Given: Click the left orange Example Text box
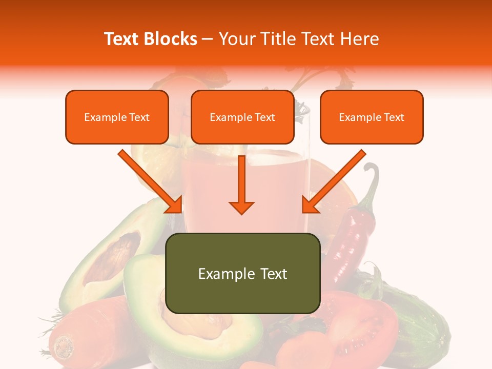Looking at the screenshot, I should [x=117, y=117].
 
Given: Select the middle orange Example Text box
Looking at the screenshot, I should [x=242, y=117].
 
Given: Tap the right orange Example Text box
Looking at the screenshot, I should [x=372, y=117].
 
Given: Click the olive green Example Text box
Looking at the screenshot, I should [x=242, y=273].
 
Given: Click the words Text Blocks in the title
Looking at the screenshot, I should [x=150, y=39].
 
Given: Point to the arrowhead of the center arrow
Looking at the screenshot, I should [x=241, y=207].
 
